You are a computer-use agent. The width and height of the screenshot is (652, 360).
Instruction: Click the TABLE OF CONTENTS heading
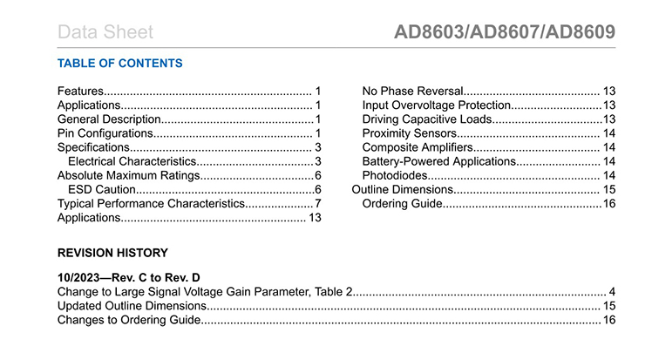pyautogui.click(x=119, y=64)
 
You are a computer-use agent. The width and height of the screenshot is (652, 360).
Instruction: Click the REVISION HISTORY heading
pyautogui.click(x=112, y=253)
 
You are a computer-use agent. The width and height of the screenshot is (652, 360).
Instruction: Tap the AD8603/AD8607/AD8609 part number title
pyautogui.click(x=505, y=32)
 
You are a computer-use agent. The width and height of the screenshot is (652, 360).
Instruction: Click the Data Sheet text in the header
pyautogui.click(x=105, y=33)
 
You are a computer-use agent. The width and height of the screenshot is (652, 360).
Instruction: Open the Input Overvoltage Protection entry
pyautogui.click(x=435, y=105)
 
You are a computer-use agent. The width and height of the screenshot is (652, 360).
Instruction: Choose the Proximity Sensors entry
pyautogui.click(x=409, y=132)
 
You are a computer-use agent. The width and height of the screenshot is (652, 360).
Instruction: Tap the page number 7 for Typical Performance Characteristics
pyautogui.click(x=318, y=203)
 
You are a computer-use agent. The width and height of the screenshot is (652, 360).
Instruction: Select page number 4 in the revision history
pyautogui.click(x=613, y=291)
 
